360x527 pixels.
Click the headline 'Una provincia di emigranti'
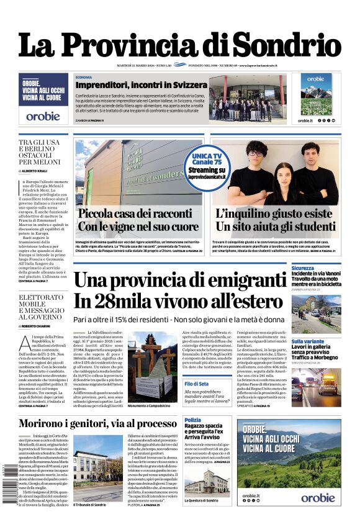tap(179, 280)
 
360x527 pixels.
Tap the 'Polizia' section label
tap(192, 420)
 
